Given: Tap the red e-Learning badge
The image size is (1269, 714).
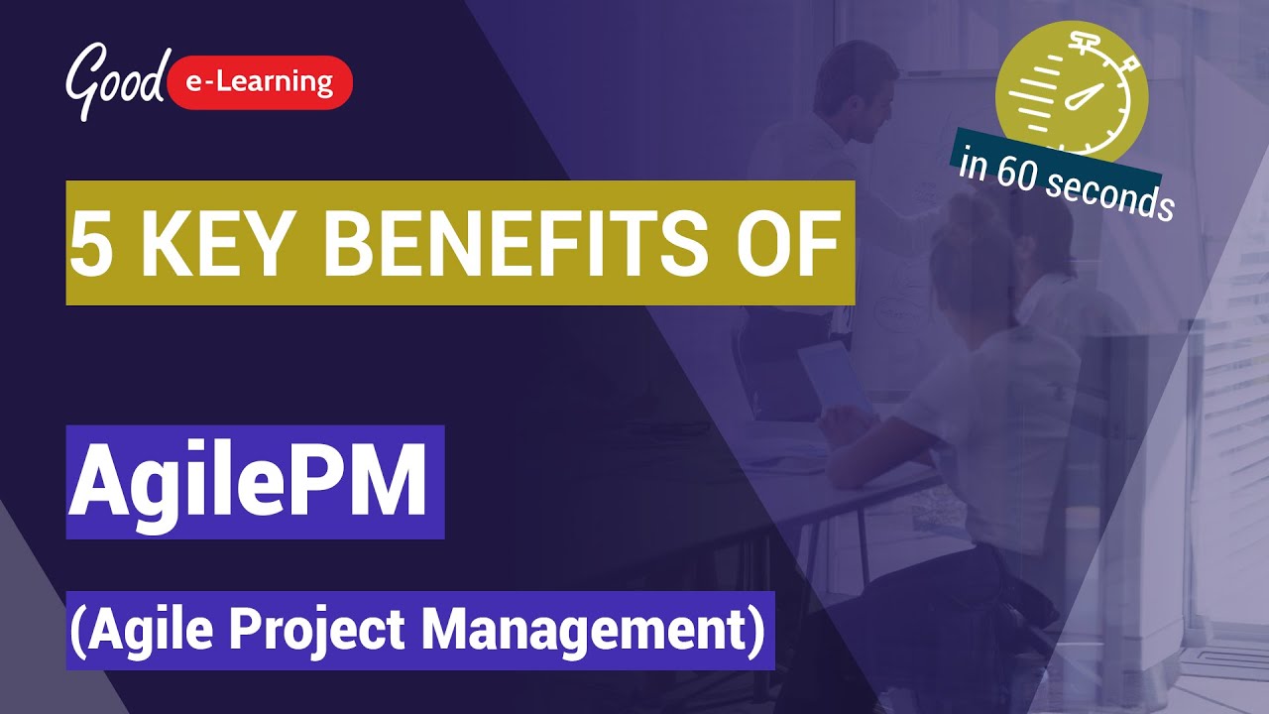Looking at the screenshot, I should coord(261,82).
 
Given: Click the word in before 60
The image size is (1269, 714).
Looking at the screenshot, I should coord(973,161).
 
